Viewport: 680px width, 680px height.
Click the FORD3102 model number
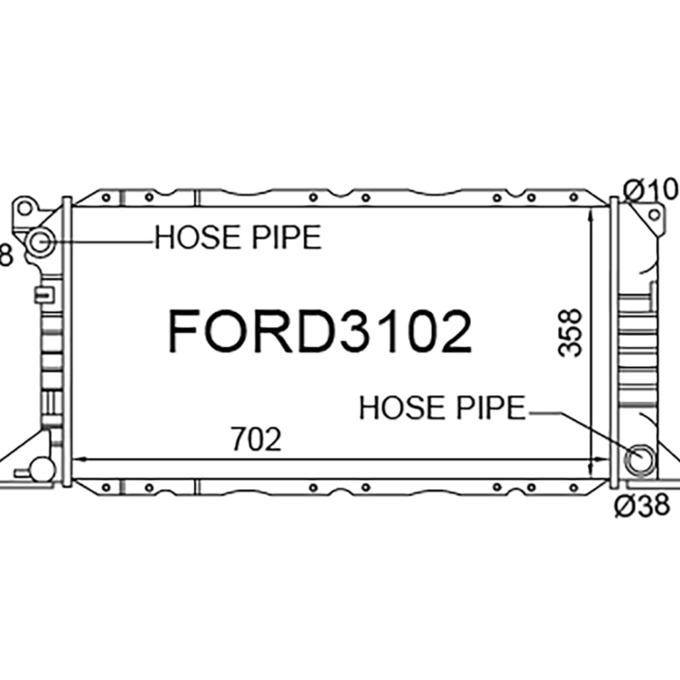319,331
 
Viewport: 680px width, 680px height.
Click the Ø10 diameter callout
651,190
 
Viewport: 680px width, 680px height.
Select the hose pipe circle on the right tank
639,460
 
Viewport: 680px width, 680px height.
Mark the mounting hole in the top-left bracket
25,207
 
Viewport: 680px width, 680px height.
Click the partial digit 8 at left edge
4,253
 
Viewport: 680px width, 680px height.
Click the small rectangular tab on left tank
41,295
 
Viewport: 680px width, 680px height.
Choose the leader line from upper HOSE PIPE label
102,242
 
